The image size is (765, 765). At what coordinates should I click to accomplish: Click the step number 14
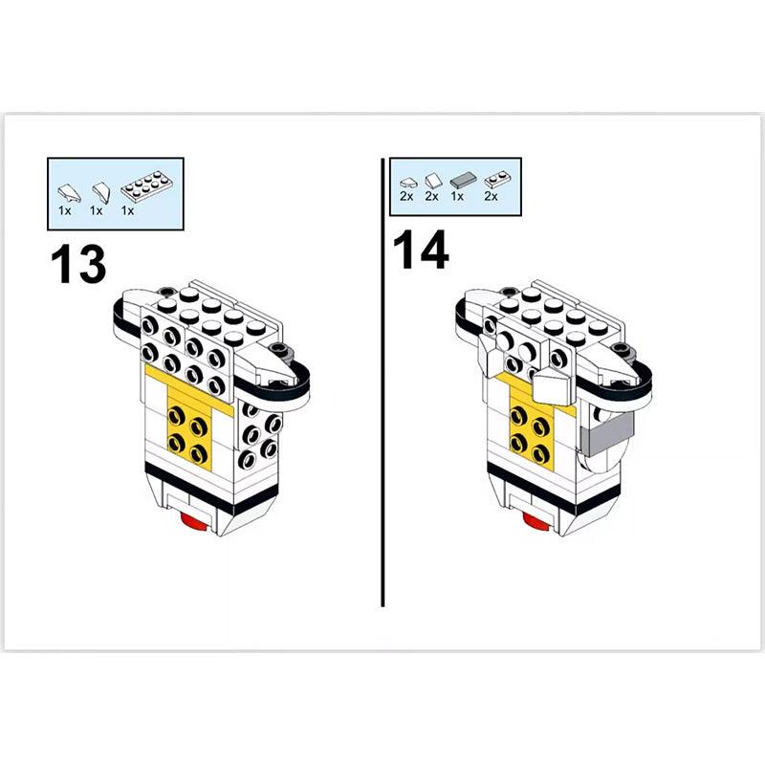(419, 251)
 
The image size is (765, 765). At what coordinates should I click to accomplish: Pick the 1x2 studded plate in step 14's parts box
(493, 179)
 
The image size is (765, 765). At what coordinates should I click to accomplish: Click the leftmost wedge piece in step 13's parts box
(66, 189)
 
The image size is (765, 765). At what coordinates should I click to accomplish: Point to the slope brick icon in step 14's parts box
(432, 179)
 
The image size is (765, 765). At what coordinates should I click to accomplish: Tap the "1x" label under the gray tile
(457, 196)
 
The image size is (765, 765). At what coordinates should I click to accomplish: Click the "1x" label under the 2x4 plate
(127, 209)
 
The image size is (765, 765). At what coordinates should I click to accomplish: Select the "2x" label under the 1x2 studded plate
(492, 196)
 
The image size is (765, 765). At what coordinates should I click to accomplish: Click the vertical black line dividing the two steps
(382, 382)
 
